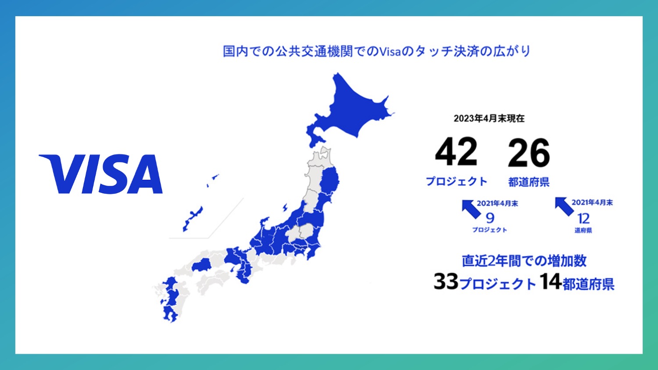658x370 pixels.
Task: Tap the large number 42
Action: [x=456, y=152]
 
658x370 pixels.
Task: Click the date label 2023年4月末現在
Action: [x=489, y=118]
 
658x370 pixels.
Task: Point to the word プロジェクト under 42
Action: [x=457, y=181]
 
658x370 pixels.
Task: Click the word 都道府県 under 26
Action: [x=529, y=182]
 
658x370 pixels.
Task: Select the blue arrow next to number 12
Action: [x=564, y=206]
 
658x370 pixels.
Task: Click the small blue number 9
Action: [x=490, y=218]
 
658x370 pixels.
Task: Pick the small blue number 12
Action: [x=583, y=218]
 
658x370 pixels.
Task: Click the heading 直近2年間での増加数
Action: [x=524, y=261]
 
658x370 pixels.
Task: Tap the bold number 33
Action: [x=446, y=281]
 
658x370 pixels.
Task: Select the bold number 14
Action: [x=551, y=281]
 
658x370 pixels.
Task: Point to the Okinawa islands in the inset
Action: [x=193, y=217]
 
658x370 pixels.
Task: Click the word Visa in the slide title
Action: [x=390, y=51]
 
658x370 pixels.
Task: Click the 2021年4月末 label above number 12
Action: [x=592, y=202]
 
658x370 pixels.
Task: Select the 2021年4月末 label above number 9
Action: [x=497, y=203]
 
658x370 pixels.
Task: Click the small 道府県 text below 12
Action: [x=583, y=230]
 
